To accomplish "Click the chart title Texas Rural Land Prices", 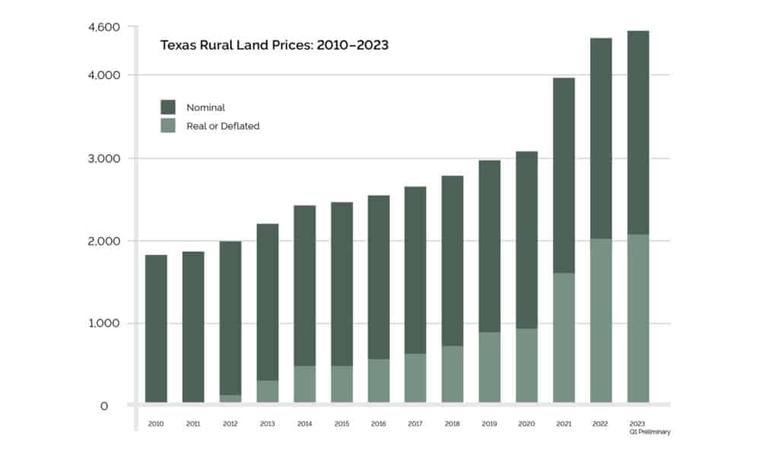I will [x=274, y=45].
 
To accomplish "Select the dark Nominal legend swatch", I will [x=167, y=107].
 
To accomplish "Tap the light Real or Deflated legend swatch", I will [x=167, y=125].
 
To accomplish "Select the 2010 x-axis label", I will [x=156, y=424].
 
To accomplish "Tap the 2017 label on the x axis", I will [x=415, y=424].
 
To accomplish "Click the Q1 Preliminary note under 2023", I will [x=649, y=432].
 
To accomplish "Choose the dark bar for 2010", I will [x=156, y=327].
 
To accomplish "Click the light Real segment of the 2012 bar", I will [x=231, y=398].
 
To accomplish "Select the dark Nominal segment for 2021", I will [x=564, y=175].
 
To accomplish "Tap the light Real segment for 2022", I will [x=601, y=320].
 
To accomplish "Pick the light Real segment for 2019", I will [x=489, y=367].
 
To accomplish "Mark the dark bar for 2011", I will [x=193, y=327].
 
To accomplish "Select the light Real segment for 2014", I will [x=304, y=384].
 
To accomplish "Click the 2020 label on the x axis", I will [x=526, y=424].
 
